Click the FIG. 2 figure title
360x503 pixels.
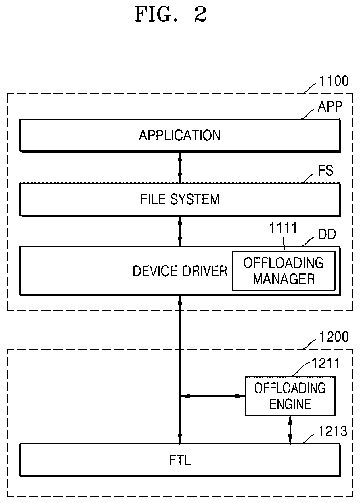click(171, 15)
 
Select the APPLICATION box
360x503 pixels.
click(180, 135)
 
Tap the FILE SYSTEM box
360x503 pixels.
click(180, 199)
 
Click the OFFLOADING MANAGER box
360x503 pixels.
click(284, 271)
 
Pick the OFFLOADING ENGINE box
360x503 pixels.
click(290, 396)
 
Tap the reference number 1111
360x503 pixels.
click(283, 228)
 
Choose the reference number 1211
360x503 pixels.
click(326, 363)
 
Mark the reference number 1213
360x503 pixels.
click(332, 432)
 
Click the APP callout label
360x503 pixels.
click(330, 107)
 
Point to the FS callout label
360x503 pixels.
click(325, 171)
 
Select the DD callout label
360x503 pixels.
click(327, 235)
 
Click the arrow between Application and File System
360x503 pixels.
click(180, 167)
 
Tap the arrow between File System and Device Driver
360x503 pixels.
click(180, 231)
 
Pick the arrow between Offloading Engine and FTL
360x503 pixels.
click(290, 430)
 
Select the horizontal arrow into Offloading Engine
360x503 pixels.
click(212, 396)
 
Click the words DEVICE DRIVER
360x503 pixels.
click(180, 271)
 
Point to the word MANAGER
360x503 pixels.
click(284, 279)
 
